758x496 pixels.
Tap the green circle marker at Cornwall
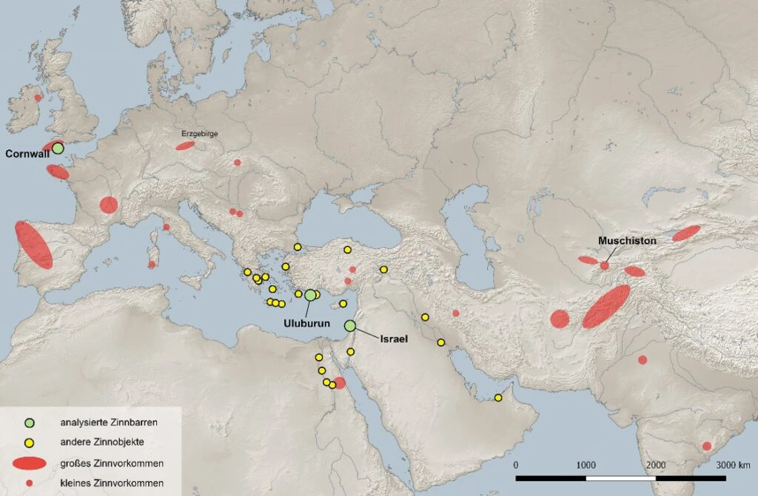tap(58, 148)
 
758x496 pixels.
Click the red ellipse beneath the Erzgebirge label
tap(185, 146)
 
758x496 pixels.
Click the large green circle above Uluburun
tap(310, 295)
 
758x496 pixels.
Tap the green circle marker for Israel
tap(350, 326)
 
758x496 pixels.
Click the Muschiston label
tap(627, 241)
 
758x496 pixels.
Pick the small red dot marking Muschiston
tap(605, 265)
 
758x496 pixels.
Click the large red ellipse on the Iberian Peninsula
tap(33, 245)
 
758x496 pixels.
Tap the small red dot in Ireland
tap(38, 98)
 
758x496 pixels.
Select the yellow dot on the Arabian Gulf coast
tap(498, 398)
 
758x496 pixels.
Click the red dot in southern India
tap(707, 446)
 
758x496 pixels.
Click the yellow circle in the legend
tap(30, 442)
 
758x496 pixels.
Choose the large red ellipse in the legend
tap(30, 463)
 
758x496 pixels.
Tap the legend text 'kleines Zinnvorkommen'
tap(111, 483)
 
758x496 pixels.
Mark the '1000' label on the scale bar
tap(586, 465)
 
